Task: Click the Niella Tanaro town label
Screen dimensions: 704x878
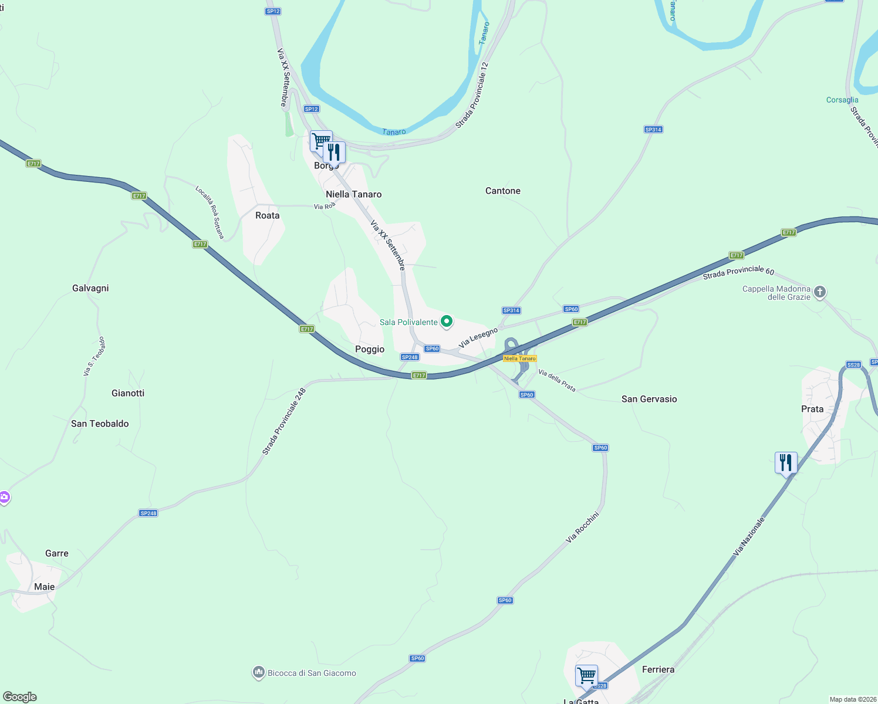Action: (x=353, y=194)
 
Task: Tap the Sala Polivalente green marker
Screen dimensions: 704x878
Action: (x=447, y=321)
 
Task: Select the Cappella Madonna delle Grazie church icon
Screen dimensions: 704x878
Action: (x=820, y=292)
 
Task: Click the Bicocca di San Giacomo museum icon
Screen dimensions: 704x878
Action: (x=259, y=673)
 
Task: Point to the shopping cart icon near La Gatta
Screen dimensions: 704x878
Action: (x=586, y=675)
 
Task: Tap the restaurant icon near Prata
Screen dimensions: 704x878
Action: (x=786, y=463)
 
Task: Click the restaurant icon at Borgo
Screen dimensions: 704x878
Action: (x=334, y=153)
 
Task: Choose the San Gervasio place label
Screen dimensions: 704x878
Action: (x=649, y=399)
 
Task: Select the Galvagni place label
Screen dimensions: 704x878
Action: (x=90, y=288)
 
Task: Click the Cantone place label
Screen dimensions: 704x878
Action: (x=503, y=191)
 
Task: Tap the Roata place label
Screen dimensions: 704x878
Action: (x=268, y=215)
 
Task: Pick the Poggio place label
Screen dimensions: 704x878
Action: (x=370, y=349)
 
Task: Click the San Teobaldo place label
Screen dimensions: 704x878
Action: (x=100, y=424)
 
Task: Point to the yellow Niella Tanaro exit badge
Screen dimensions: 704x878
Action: (x=520, y=358)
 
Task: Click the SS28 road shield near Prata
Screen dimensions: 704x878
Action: (x=853, y=365)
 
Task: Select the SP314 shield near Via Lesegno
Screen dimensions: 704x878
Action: (x=511, y=310)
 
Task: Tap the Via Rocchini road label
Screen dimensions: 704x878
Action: (x=582, y=527)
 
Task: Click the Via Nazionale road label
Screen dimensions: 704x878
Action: (x=749, y=536)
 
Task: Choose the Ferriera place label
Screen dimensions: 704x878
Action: (x=658, y=669)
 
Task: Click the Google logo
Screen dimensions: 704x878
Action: (x=20, y=697)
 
